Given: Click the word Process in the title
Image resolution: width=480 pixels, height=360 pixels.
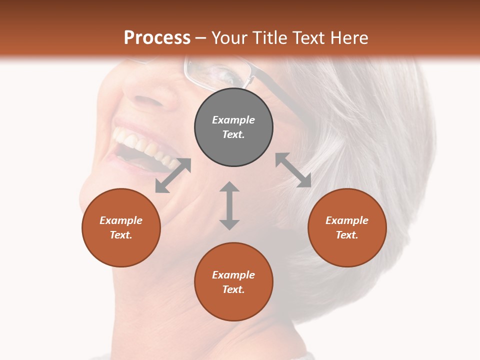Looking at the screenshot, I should pyautogui.click(x=157, y=38).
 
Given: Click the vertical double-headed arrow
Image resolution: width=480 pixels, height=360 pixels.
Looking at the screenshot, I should pyautogui.click(x=229, y=205).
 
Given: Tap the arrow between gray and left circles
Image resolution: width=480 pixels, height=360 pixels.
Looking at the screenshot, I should pyautogui.click(x=173, y=175).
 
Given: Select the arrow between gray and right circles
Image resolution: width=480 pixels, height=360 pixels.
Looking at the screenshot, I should pyautogui.click(x=293, y=170).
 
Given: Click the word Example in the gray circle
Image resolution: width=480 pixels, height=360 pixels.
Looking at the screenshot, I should pyautogui.click(x=233, y=120).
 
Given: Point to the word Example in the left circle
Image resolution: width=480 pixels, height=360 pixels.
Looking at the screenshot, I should pyautogui.click(x=121, y=220).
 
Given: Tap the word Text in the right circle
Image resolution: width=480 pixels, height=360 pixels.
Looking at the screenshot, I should pyautogui.click(x=347, y=235).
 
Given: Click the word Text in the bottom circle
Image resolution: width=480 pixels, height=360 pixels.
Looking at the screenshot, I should pyautogui.click(x=233, y=289).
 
